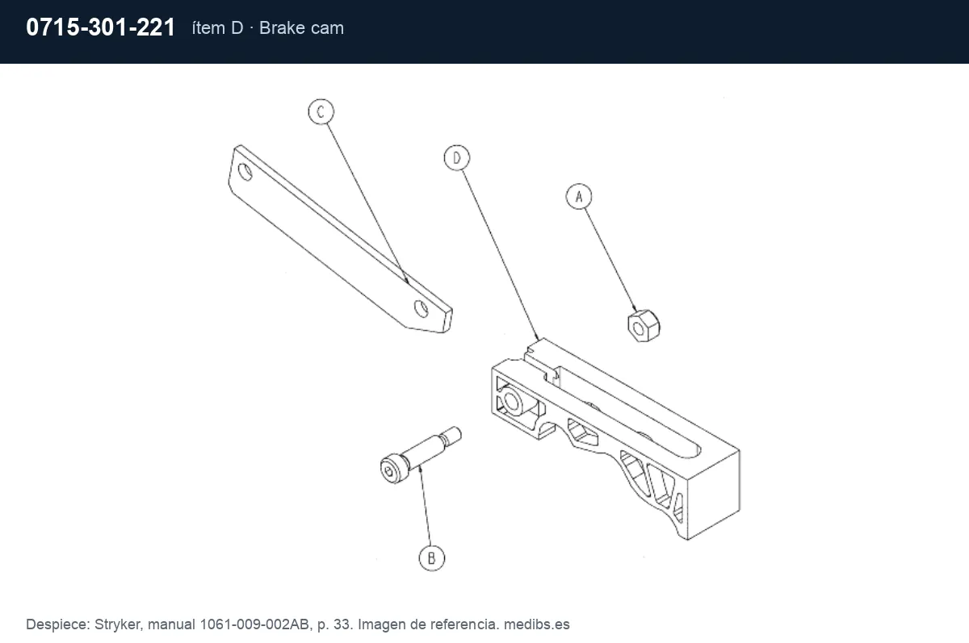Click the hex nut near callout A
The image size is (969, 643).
coord(644,326)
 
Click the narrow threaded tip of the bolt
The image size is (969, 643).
coord(452,435)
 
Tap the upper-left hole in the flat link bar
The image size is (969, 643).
coord(245,173)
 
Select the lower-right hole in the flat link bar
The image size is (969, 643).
coord(421,308)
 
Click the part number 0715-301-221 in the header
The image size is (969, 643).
coord(100,27)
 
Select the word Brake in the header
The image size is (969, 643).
coord(283,28)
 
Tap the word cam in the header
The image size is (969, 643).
coord(328,29)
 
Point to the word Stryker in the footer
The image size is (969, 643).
coord(118,624)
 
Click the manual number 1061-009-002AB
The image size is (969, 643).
coord(254,624)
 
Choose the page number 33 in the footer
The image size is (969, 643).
coord(343,624)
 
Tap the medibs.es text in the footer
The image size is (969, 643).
coord(536,624)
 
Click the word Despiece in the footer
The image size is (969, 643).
coord(57,624)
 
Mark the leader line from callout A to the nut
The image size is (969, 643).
coord(610,260)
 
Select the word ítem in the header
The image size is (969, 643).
coord(209,28)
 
